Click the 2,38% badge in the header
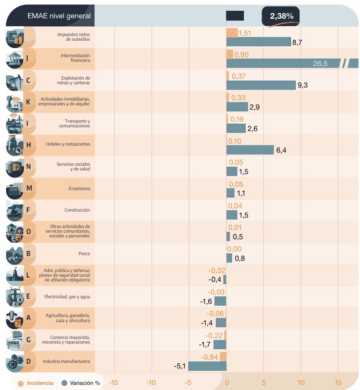[281, 16]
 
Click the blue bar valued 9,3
[261, 85]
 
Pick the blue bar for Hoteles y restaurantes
[250, 150]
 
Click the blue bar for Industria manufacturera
[207, 366]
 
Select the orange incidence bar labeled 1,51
[232, 33]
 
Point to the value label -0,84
[210, 357]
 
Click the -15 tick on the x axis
[113, 383]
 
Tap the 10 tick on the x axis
[301, 383]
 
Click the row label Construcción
[77, 210]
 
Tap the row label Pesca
[84, 254]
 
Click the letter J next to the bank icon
[28, 59]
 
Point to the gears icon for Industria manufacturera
[15, 361]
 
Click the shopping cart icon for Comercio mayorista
[15, 340]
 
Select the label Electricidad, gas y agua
[67, 297]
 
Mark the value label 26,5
[320, 64]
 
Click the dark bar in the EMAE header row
[235, 16]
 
